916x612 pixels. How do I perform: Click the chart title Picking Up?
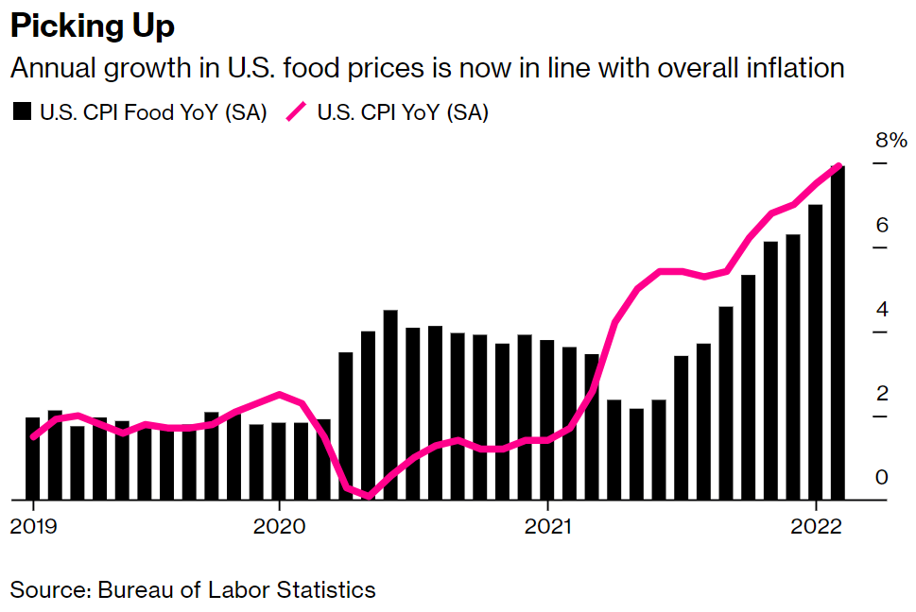(x=93, y=26)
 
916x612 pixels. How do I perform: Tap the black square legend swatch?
(x=22, y=112)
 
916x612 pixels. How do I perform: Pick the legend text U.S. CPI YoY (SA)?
(x=403, y=112)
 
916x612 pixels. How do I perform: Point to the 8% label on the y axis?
(x=890, y=142)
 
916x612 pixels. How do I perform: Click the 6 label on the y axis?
(x=881, y=225)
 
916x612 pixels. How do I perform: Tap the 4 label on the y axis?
(x=881, y=310)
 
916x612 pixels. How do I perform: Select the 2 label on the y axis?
(x=881, y=394)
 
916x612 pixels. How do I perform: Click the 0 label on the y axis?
(x=881, y=478)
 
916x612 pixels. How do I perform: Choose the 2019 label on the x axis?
(x=33, y=526)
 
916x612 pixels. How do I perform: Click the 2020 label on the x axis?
(x=279, y=526)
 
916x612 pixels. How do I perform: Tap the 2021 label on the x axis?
(x=548, y=526)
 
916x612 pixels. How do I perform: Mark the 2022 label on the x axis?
(x=816, y=526)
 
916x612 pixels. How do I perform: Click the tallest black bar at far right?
(x=838, y=331)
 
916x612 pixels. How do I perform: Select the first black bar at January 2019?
(x=33, y=458)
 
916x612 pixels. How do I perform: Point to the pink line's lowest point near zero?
(x=368, y=495)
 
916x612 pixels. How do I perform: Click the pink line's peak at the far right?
(x=838, y=166)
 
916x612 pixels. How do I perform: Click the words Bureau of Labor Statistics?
(x=234, y=590)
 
